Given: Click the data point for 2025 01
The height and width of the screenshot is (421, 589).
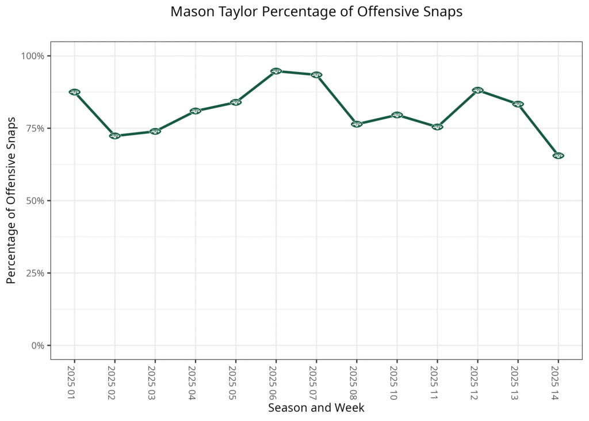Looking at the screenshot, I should (74, 92).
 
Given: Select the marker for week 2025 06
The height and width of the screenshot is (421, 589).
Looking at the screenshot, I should (276, 71).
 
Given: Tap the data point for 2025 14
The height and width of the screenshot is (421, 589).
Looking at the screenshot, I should (558, 155).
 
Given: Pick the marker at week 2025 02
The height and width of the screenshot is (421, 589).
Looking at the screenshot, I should (114, 136).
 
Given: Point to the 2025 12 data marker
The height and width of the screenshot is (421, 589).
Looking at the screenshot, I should (477, 90).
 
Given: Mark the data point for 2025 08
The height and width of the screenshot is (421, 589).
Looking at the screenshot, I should (357, 124).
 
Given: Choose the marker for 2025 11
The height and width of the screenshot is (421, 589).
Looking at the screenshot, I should (437, 127).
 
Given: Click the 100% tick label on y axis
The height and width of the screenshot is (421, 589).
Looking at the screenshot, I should (33, 56).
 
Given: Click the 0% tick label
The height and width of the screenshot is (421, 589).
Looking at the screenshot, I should (38, 346).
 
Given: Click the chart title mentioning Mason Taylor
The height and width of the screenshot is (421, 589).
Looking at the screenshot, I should (316, 12).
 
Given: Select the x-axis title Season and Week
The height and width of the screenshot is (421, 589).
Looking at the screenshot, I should (316, 408).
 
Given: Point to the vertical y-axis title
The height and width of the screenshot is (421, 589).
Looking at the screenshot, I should (11, 200).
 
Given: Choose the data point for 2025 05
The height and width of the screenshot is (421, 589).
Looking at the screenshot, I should (236, 103).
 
